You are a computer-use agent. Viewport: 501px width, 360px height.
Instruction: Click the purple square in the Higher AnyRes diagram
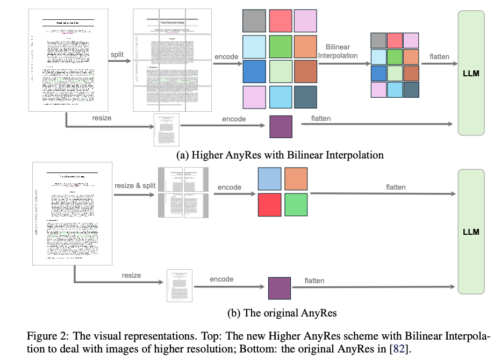281,127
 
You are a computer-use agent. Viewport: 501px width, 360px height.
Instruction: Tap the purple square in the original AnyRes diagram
279,288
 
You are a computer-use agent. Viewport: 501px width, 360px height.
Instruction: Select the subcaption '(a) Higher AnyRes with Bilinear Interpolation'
280,155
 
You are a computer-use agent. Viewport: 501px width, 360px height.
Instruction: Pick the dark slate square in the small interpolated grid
411,89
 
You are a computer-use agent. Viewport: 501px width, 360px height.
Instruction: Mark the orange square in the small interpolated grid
411,57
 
